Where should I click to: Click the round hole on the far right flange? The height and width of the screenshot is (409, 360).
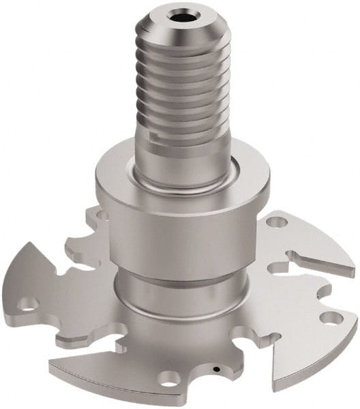[x=330, y=318]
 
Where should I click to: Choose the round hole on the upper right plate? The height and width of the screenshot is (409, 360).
[x=277, y=222]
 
